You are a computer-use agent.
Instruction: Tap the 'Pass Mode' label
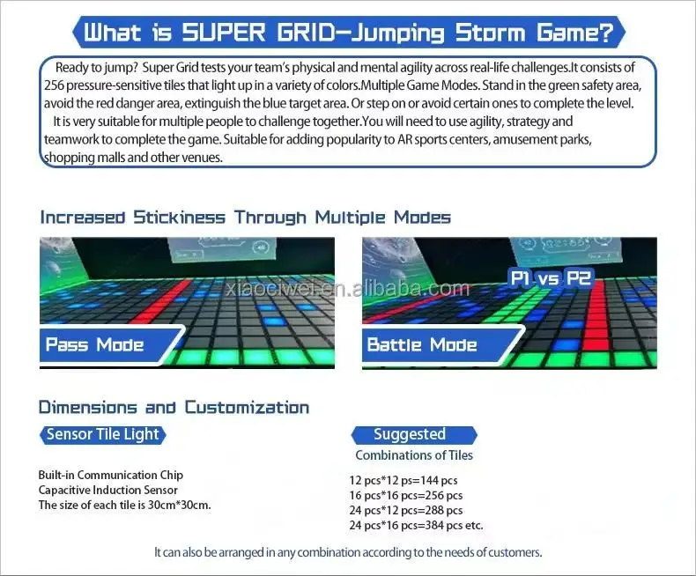coord(94,344)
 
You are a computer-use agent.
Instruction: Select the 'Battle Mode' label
coord(422,344)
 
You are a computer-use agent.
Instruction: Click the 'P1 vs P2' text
coord(551,278)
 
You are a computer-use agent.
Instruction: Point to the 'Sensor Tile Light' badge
coord(103,434)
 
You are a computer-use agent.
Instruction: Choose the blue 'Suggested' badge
coord(410,434)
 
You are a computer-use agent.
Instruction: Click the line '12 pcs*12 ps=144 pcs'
coord(404,480)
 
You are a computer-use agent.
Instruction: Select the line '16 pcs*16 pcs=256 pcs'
coord(406,495)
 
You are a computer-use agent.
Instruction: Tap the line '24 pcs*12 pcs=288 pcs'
coord(406,510)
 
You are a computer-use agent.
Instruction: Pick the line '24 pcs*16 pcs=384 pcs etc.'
coord(417,525)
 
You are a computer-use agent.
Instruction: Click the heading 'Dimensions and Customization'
coord(174,408)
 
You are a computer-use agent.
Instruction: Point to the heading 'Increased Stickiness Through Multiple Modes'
coord(245,218)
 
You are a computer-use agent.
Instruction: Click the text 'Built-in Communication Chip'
coord(110,476)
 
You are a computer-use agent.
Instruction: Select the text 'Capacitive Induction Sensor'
coord(108,490)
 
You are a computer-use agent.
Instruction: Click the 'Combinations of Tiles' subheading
coord(414,455)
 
